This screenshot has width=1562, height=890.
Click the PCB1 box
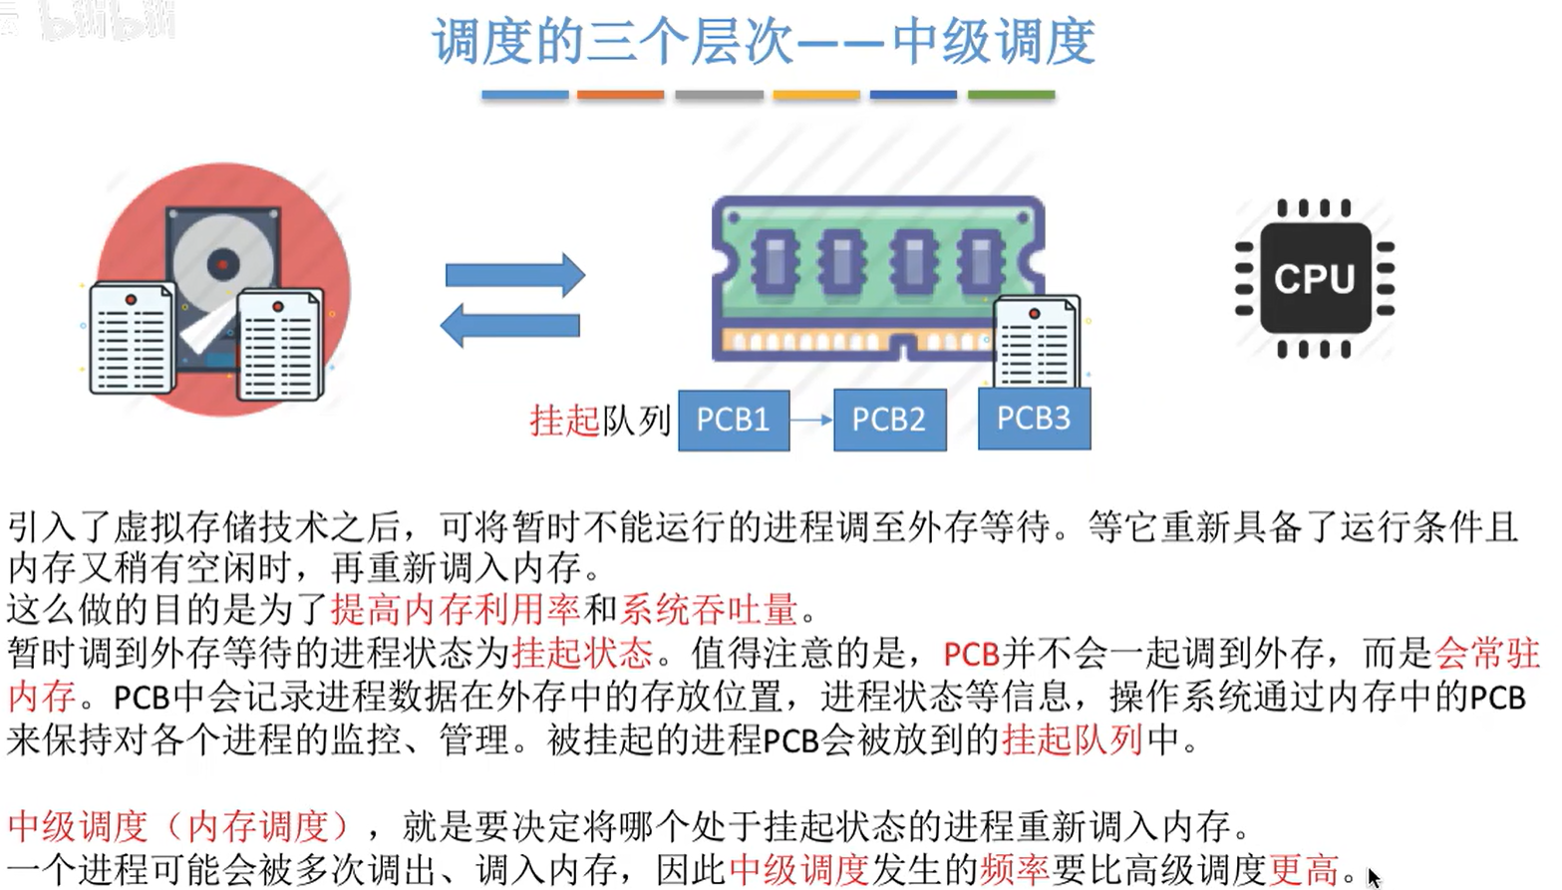(x=734, y=421)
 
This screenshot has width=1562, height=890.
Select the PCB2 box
(x=889, y=421)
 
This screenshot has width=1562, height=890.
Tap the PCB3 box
(x=1034, y=419)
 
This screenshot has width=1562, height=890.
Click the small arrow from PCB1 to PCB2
(x=811, y=421)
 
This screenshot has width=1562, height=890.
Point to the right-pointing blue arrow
(x=514, y=275)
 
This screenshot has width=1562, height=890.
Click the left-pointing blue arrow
(x=509, y=325)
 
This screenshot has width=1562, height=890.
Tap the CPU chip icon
(x=1314, y=278)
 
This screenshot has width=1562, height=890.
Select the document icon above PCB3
(x=1038, y=342)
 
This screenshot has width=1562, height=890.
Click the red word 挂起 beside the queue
(x=563, y=421)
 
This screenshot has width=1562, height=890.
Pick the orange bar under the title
(x=620, y=95)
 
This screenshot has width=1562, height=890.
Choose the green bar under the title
(x=1011, y=95)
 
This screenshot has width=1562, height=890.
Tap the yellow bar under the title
(x=815, y=95)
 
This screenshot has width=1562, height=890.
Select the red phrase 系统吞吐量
(x=709, y=608)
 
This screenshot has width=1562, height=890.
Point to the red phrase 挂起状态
(x=582, y=653)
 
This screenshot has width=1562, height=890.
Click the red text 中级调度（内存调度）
(x=179, y=826)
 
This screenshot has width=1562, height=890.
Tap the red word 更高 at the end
(x=1304, y=870)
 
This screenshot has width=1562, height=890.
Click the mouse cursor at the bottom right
(x=1374, y=877)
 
